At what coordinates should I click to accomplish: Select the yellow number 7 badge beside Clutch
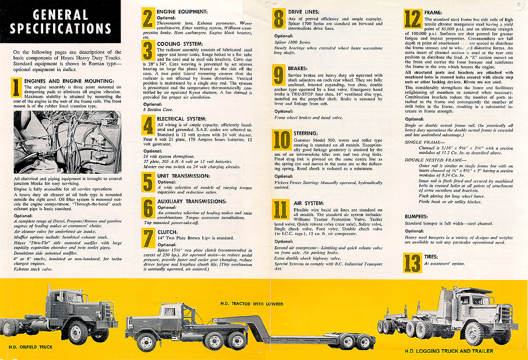pos(148,238)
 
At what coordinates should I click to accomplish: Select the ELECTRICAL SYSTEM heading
pos(181,118)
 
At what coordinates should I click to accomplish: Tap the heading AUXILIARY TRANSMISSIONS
pos(192,201)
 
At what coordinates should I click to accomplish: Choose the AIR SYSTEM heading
pos(309,203)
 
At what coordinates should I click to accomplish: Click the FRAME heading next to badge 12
pos(433,13)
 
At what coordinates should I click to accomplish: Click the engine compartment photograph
pos(67,142)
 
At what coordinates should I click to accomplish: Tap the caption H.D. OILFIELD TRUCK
pos(31,346)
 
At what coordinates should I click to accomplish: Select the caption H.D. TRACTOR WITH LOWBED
pos(251,304)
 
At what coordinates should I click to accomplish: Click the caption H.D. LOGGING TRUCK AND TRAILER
pos(448,351)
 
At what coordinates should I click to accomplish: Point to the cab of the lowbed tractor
pos(170,312)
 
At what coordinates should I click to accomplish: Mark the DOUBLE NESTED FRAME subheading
pos(430,160)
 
